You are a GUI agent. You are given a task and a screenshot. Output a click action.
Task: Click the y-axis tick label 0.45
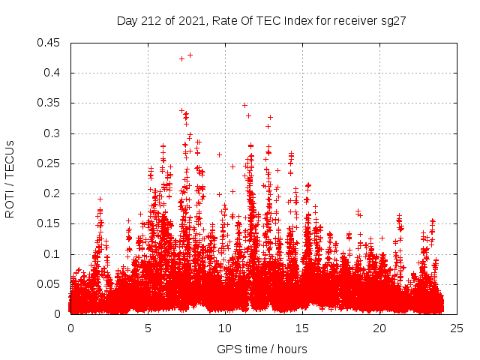pyautogui.click(x=51, y=43)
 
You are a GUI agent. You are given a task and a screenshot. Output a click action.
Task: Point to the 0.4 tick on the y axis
pyautogui.click(x=54, y=73)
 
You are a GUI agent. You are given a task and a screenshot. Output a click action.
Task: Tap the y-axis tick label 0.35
pyautogui.click(x=51, y=103)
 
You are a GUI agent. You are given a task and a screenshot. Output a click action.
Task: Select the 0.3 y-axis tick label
pyautogui.click(x=54, y=133)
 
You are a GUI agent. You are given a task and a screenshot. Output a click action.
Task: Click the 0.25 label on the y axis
pyautogui.click(x=51, y=163)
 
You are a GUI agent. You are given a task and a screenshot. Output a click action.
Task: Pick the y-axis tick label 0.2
pyautogui.click(x=54, y=193)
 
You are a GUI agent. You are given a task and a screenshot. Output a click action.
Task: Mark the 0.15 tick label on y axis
pyautogui.click(x=51, y=223)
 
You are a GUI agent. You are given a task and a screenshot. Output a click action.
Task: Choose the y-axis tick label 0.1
pyautogui.click(x=54, y=253)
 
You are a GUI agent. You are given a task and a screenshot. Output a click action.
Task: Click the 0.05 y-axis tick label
pyautogui.click(x=51, y=283)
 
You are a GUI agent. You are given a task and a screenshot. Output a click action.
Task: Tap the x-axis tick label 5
pyautogui.click(x=148, y=328)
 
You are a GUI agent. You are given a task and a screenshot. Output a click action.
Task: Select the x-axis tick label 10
pyautogui.click(x=225, y=328)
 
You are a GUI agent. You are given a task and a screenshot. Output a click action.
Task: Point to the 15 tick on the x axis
pyautogui.click(x=302, y=328)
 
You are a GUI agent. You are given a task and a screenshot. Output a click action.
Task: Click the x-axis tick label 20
pyautogui.click(x=379, y=328)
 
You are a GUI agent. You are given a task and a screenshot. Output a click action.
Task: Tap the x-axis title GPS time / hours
pyautogui.click(x=262, y=349)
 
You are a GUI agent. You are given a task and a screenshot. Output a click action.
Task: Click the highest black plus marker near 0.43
pyautogui.click(x=190, y=55)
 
